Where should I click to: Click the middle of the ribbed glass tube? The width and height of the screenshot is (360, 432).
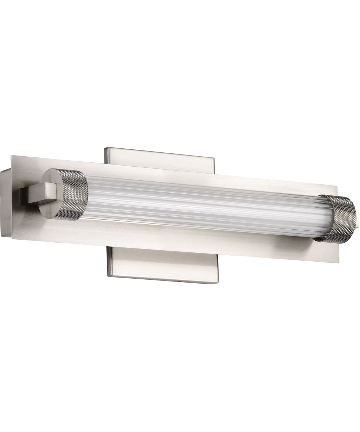click(202, 207)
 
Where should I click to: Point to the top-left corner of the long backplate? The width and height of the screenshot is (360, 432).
click(12, 156)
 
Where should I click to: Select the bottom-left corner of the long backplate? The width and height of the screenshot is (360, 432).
click(12, 238)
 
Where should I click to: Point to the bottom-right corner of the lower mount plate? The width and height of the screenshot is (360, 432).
click(215, 283)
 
